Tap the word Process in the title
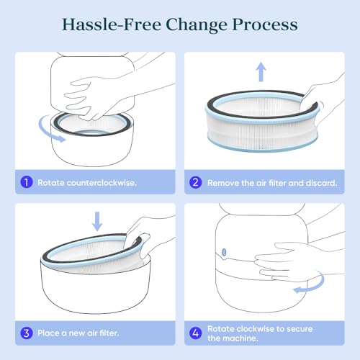coord(265,25)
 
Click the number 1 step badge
coord(27,182)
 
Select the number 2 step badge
coord(196,182)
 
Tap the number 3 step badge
coord(27,333)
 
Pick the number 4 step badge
coord(196,333)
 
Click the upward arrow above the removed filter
coord(261,72)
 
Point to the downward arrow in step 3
coord(97,221)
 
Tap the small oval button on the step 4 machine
coord(224,252)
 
